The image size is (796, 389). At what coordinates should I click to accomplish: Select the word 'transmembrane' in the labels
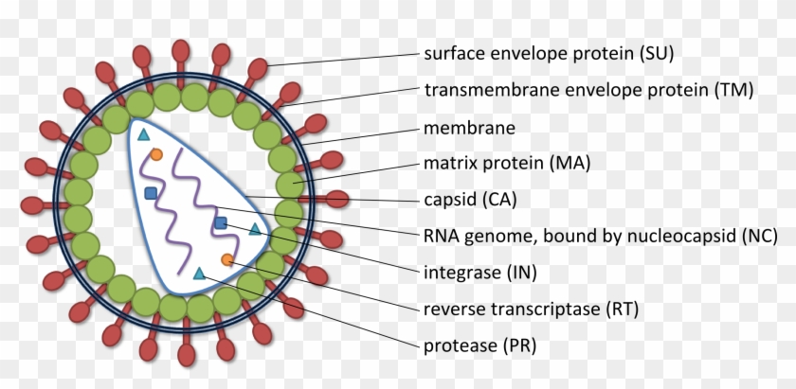pyautogui.click(x=482, y=90)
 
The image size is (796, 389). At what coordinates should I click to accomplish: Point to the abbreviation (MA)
pyautogui.click(x=570, y=163)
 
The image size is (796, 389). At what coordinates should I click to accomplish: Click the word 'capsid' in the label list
pyautogui.click(x=449, y=200)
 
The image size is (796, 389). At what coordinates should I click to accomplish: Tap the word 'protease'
pyautogui.click(x=459, y=345)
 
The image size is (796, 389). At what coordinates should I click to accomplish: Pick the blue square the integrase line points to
pyautogui.click(x=221, y=222)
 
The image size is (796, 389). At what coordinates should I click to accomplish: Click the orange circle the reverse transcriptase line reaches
pyautogui.click(x=227, y=259)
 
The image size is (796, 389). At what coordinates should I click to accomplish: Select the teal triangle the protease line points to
pyautogui.click(x=199, y=274)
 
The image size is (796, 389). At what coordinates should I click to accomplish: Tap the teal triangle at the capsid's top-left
pyautogui.click(x=144, y=134)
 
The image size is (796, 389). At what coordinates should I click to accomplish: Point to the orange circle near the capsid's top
pyautogui.click(x=157, y=153)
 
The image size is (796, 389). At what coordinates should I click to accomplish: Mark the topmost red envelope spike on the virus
pyautogui.click(x=179, y=51)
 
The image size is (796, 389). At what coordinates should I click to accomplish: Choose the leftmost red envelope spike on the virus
pyautogui.click(x=34, y=204)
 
